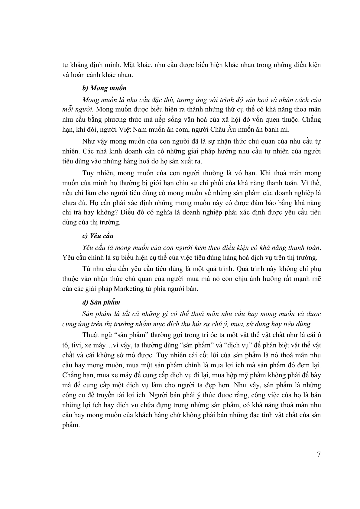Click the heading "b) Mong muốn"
pos(104,88)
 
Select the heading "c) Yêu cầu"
pos(98,236)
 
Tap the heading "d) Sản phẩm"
pos(101,302)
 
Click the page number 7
pos(319,454)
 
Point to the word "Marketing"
pos(129,289)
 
